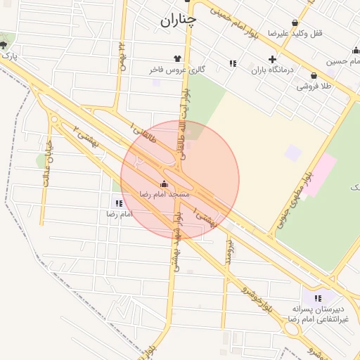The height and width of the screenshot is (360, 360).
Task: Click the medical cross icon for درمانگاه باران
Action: (272, 59)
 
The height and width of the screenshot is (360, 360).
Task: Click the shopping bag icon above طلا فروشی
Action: (314, 75)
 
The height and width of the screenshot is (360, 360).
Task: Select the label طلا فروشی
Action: (314, 86)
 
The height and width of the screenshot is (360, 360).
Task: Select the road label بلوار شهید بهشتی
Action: (176, 238)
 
